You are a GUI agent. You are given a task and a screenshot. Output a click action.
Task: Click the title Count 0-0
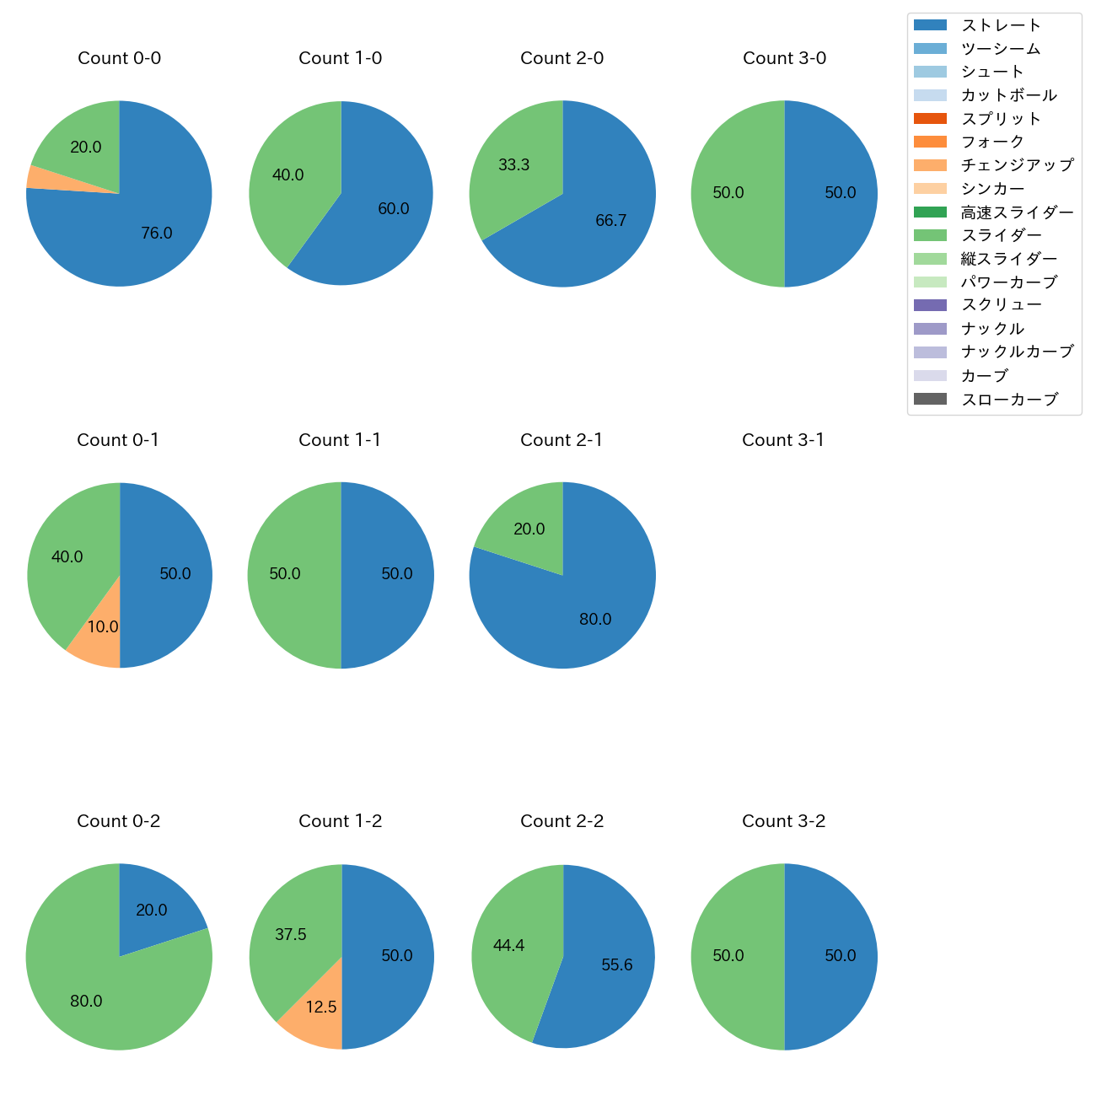point(119,58)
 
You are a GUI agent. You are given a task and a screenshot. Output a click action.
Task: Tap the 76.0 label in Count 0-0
point(157,234)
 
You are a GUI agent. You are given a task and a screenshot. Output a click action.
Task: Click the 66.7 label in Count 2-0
point(611,221)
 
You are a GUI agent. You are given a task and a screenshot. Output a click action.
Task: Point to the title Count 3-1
point(783,440)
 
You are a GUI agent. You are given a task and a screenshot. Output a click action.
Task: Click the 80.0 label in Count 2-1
point(595,620)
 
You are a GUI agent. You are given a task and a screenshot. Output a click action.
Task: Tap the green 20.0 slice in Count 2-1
point(527,527)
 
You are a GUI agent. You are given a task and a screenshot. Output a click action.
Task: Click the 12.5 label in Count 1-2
point(321,1007)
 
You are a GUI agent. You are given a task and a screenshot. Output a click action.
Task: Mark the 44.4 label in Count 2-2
point(509,946)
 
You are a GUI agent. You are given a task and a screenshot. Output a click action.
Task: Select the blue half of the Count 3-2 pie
point(830,957)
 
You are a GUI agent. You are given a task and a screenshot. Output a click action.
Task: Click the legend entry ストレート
point(1001,25)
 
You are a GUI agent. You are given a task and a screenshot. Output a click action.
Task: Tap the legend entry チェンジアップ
point(1017,165)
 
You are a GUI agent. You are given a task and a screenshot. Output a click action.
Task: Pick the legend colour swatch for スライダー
point(930,235)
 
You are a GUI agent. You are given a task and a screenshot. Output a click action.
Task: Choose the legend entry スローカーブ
point(1009,400)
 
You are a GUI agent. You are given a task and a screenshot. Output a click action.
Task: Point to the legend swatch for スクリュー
point(930,305)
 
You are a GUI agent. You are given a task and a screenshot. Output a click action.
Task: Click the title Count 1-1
point(340,440)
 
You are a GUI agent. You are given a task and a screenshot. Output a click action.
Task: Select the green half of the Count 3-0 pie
point(738,194)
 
